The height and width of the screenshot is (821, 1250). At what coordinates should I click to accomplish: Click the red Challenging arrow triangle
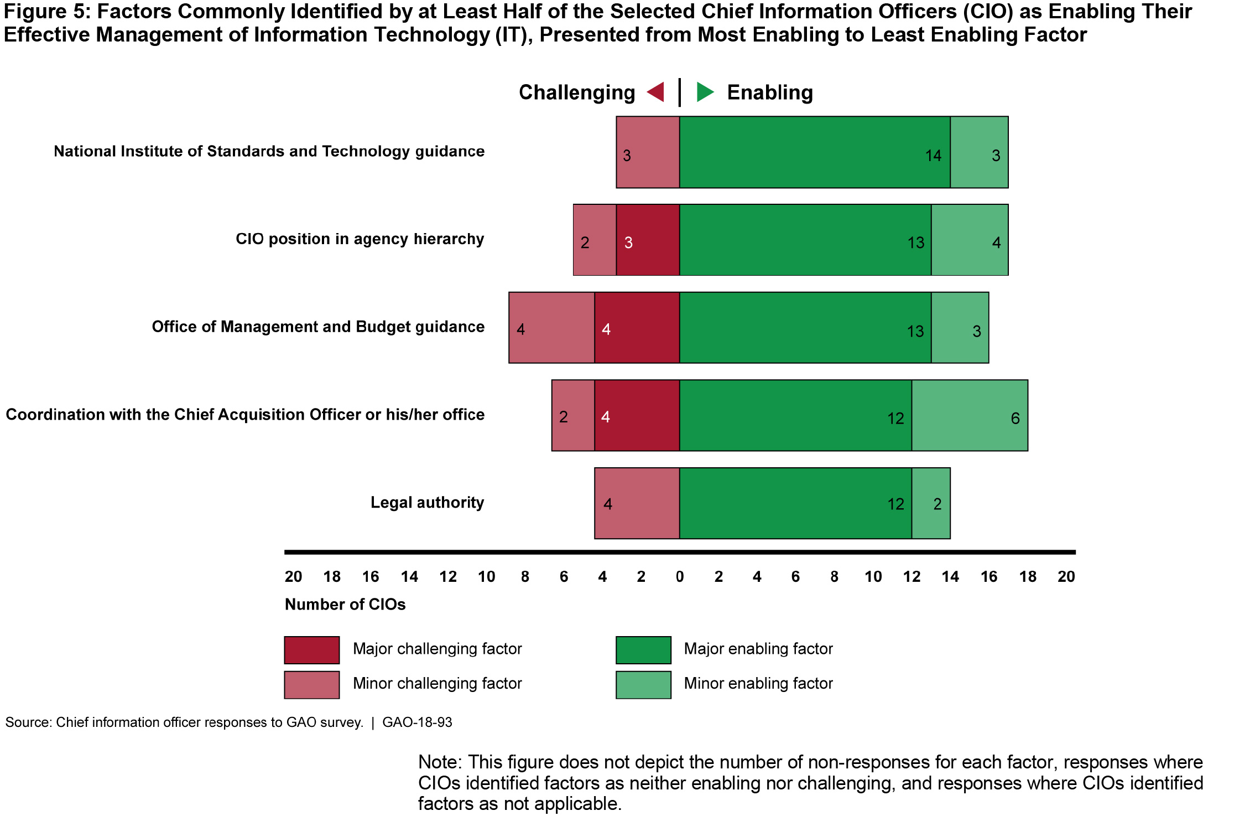[x=657, y=92]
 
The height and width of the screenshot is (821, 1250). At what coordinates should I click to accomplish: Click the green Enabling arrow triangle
[x=704, y=92]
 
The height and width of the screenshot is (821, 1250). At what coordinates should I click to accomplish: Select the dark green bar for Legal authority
[x=795, y=503]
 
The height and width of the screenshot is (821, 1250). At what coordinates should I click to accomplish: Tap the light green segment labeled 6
[x=969, y=415]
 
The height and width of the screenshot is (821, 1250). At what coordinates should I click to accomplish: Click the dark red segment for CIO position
[x=648, y=240]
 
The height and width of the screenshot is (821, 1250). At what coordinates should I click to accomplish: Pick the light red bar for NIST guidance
[x=648, y=152]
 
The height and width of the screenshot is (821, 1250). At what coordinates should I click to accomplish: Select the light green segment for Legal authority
[x=931, y=503]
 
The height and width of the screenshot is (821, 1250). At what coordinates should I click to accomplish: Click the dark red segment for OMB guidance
[x=637, y=328]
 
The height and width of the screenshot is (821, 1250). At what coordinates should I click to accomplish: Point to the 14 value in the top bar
[x=933, y=156]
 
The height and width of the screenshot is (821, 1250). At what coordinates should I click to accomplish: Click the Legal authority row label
[x=427, y=503]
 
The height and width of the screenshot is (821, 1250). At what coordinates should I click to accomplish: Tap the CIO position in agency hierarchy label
[x=360, y=239]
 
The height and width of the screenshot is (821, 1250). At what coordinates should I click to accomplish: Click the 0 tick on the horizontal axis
[x=680, y=577]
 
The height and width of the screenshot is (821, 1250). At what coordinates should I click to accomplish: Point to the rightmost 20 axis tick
[x=1066, y=577]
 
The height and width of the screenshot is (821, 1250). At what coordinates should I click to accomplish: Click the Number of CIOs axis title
[x=345, y=605]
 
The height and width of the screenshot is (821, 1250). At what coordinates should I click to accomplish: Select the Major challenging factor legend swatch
[x=312, y=650]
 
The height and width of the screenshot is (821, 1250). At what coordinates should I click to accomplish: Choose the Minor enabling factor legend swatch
[x=643, y=685]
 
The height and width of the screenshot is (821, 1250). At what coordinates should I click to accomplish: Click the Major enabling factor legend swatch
[x=643, y=650]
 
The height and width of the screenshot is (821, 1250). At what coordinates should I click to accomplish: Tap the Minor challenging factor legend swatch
[x=312, y=685]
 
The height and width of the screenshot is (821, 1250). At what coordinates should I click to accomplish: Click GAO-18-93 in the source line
[x=417, y=722]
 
